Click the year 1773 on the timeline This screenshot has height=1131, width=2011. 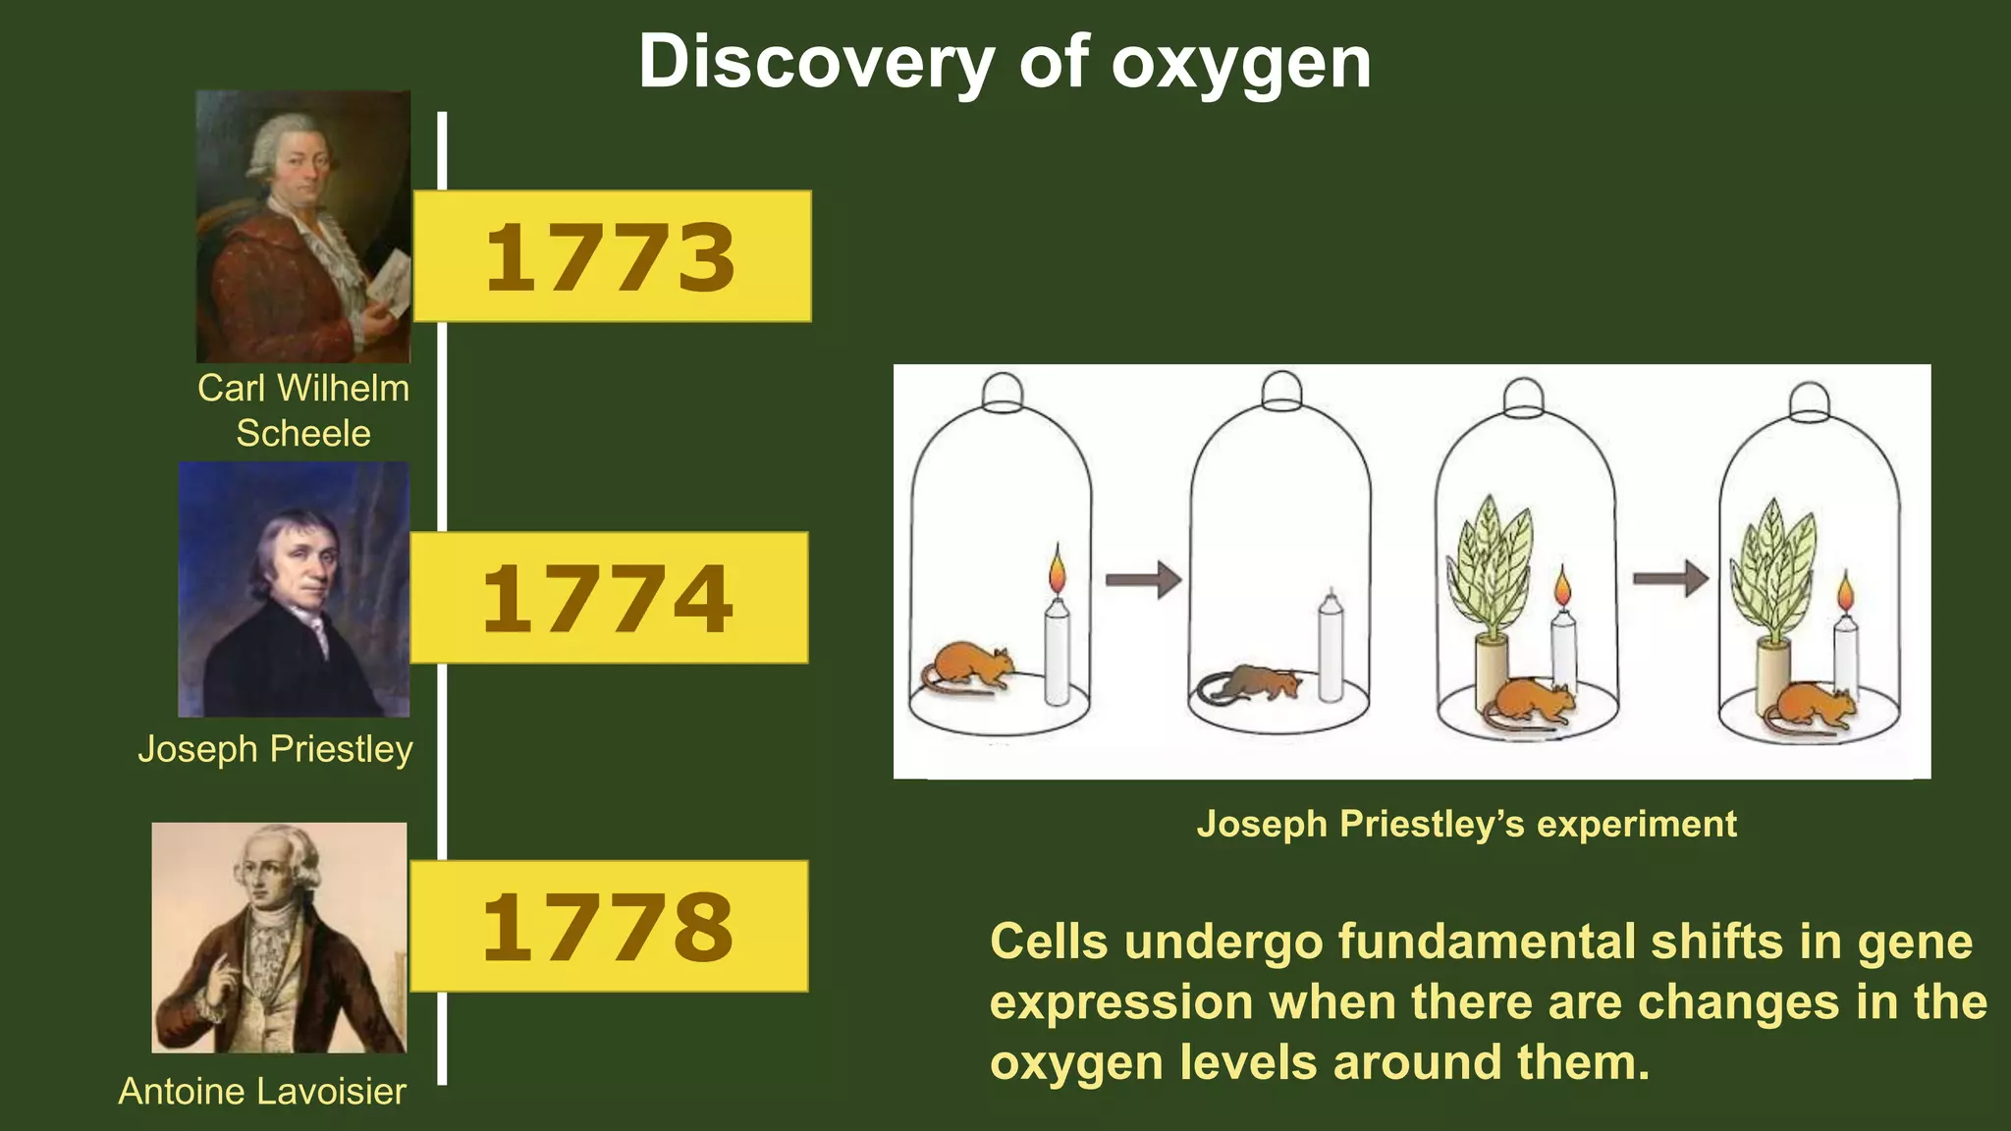611,257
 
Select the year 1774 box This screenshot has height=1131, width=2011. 608,598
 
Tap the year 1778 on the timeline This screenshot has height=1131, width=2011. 608,927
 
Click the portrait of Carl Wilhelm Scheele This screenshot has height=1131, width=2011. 302,227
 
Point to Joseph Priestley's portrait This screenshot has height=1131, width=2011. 294,589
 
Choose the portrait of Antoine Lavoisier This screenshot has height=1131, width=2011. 279,938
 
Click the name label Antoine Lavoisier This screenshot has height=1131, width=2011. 262,1091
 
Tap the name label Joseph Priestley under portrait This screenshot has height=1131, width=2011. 275,749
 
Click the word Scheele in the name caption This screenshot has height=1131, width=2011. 303,433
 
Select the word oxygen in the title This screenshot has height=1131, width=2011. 1241,63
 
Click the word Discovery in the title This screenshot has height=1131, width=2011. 816,63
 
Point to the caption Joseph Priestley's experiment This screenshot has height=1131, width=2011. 1466,824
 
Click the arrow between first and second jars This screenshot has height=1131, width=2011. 1143,579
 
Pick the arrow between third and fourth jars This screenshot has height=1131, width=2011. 1670,578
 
